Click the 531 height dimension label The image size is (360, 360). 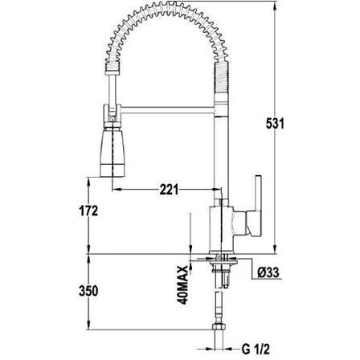275,124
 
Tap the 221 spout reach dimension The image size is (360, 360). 169,190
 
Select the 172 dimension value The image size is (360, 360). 88,211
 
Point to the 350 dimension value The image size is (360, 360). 88,291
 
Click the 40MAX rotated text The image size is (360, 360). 183,285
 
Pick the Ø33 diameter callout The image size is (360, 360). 268,273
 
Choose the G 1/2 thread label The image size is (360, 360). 256,349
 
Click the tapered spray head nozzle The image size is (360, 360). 112,152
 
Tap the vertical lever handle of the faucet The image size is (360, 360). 258,206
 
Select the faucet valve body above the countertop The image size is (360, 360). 222,230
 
